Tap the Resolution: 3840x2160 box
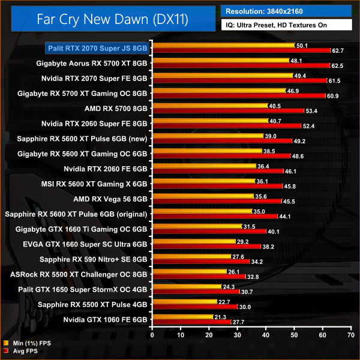coord(286,11)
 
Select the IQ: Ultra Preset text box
coord(286,26)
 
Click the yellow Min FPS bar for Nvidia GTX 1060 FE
coord(183,317)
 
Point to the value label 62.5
coord(337,65)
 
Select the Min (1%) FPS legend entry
coord(28,343)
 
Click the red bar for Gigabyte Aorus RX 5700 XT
coord(241,65)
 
